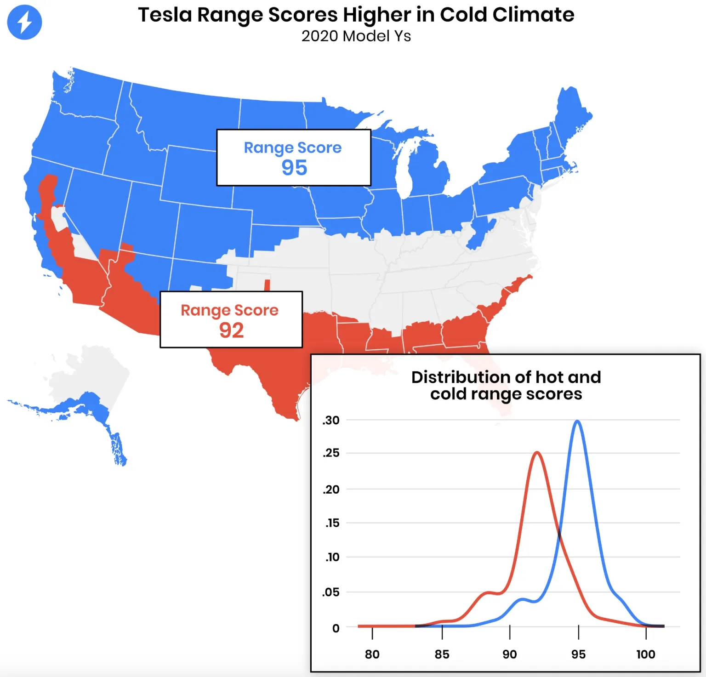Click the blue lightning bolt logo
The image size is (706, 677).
24,22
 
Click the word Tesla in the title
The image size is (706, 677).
165,15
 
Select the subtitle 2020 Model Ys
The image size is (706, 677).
356,36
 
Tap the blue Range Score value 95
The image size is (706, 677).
294,168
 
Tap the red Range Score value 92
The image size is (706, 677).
231,330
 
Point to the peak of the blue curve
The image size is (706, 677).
577,421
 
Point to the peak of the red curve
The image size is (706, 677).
537,453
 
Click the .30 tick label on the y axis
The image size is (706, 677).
331,420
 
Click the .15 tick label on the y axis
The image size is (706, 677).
332,523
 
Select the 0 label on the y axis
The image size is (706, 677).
336,628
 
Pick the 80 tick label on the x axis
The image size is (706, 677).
372,654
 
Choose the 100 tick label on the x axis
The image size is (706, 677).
645,654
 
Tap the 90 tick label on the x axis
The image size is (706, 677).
509,654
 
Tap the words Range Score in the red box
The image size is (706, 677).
229,310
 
